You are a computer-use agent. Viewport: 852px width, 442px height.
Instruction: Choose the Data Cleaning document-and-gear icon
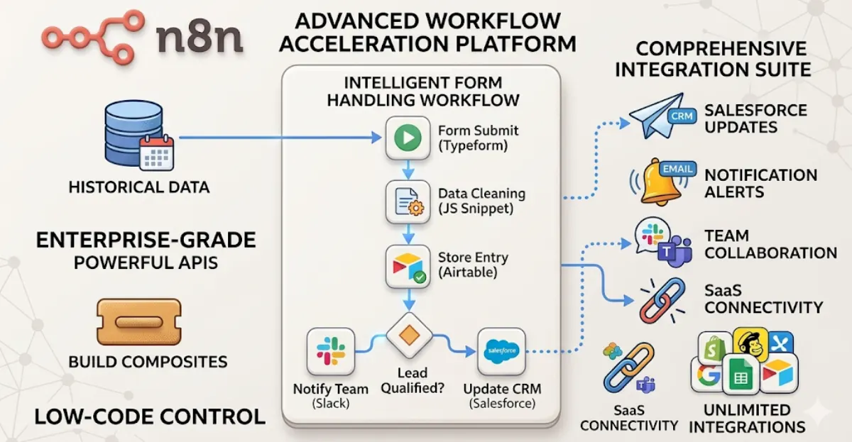tap(408, 202)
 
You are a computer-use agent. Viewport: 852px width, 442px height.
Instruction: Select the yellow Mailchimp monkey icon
tap(751, 346)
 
